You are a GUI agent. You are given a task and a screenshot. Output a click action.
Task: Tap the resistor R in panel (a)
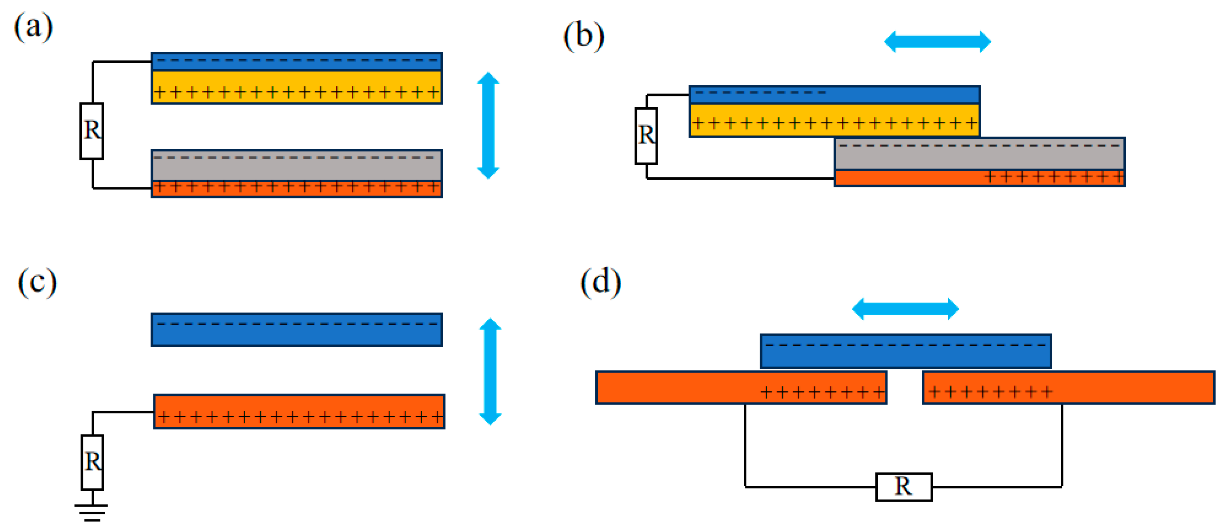91,131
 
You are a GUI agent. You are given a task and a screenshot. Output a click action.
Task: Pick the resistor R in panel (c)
92,462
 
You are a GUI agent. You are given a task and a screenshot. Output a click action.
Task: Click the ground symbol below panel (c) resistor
91,513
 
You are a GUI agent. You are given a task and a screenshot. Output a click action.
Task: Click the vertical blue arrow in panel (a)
488,126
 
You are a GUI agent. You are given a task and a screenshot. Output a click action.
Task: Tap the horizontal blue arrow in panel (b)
937,42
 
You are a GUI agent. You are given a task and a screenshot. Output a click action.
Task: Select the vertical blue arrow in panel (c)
490,371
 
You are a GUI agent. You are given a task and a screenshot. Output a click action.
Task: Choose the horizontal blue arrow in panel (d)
905,309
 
